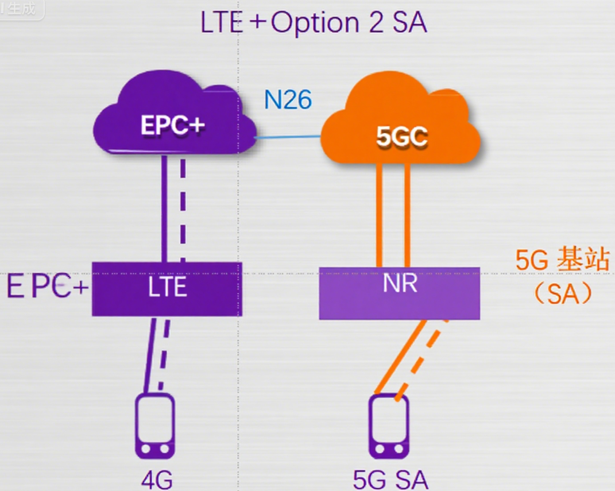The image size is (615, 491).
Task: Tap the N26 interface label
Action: click(x=288, y=100)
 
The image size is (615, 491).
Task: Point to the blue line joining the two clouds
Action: click(x=288, y=137)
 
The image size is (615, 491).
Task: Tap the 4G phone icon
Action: click(x=155, y=426)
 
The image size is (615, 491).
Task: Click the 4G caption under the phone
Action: click(x=157, y=480)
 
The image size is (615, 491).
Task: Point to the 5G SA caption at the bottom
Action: click(x=390, y=480)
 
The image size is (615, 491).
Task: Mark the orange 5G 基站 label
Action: click(x=562, y=260)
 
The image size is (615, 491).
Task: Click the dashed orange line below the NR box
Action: click(x=422, y=358)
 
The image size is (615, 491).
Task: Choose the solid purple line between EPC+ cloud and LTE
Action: click(x=164, y=210)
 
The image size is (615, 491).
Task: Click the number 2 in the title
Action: click(x=373, y=24)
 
